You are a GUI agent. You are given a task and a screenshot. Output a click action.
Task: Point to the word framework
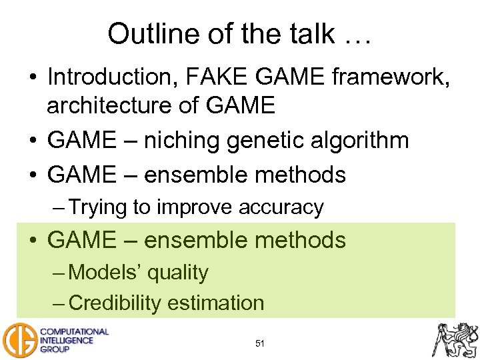[x=386, y=77]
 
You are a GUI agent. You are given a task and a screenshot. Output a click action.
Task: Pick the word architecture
[x=109, y=106]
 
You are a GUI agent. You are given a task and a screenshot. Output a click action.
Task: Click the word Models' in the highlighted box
[x=105, y=272]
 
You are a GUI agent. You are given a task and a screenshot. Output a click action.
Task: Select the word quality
[x=178, y=272]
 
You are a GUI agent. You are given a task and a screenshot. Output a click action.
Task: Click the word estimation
[x=216, y=303]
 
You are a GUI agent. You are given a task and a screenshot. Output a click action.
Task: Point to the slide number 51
[x=260, y=344]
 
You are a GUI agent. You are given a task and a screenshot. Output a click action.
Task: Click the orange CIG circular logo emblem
[x=18, y=339]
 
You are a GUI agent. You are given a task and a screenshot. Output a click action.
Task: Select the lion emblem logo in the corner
[x=456, y=339]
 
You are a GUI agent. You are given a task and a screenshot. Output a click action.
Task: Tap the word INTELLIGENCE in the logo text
[x=67, y=340]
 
